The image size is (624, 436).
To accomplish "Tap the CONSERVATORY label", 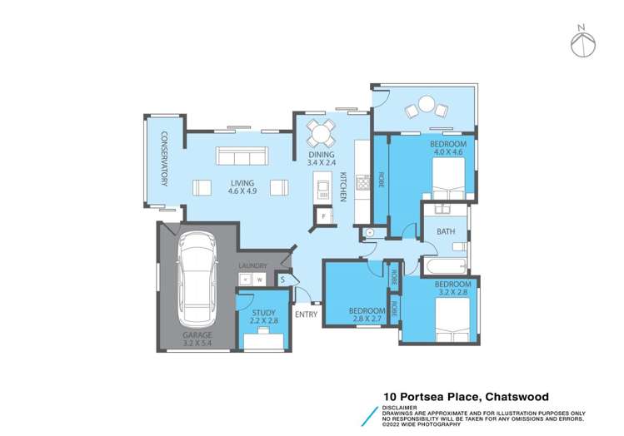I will [164, 159].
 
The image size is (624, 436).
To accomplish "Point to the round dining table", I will [321, 131].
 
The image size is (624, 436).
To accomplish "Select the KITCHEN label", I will [342, 186].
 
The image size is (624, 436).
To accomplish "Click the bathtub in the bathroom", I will [443, 267].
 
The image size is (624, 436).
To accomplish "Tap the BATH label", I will [446, 231].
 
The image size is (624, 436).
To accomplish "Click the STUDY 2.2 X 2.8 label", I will [264, 317].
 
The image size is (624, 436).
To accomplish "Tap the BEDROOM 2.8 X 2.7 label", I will [367, 315].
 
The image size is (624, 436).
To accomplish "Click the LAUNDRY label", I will [252, 266].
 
